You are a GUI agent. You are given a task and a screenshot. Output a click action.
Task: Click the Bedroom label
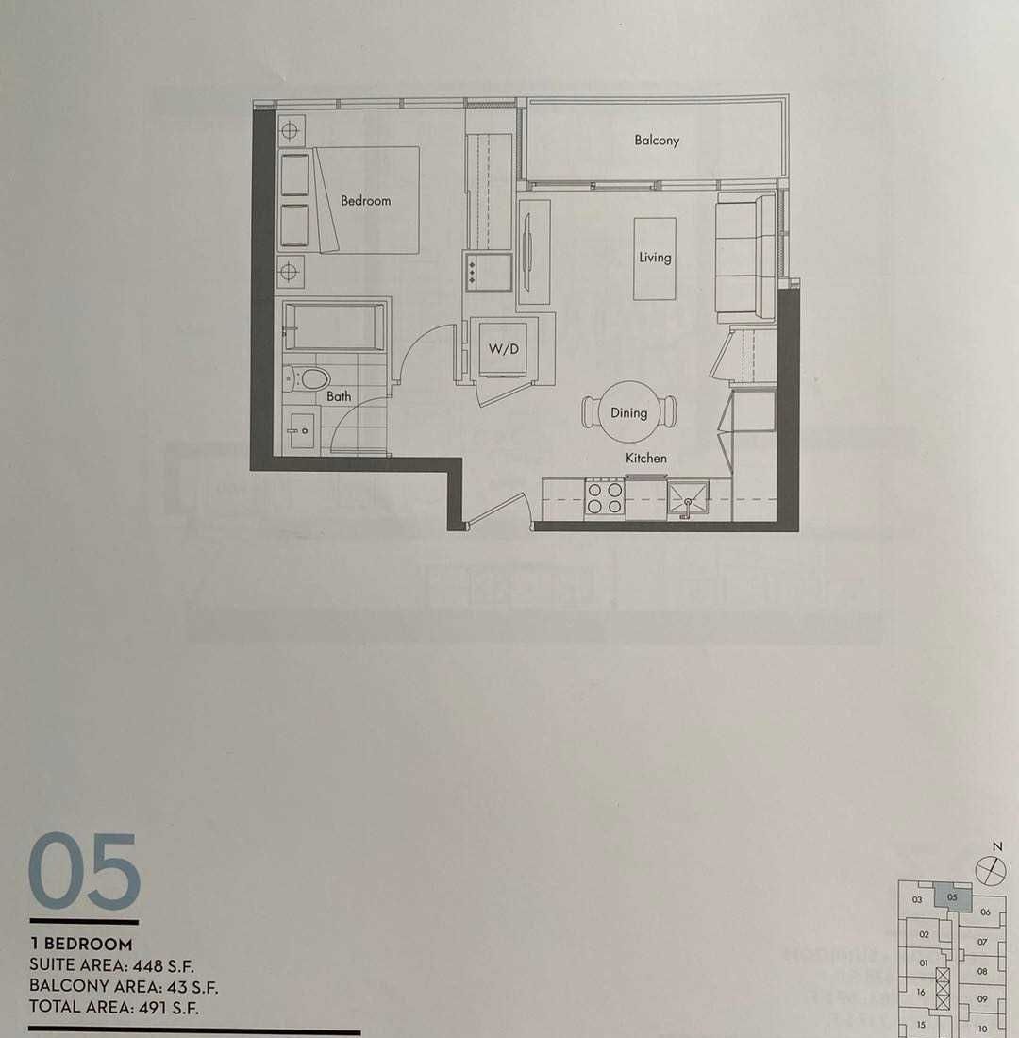365,201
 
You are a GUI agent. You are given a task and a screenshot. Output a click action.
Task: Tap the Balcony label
657,141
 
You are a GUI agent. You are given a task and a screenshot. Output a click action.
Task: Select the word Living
655,258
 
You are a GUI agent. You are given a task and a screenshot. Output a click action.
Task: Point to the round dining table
629,411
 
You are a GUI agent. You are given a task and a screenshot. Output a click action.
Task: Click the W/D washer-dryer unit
504,349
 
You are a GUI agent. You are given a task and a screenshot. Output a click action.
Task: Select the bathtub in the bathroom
334,326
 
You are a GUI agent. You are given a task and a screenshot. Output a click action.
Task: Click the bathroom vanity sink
302,431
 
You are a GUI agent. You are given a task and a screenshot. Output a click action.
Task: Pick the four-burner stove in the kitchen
605,498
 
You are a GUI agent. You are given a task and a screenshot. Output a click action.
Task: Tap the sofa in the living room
744,257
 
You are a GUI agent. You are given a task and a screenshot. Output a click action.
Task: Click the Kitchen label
646,458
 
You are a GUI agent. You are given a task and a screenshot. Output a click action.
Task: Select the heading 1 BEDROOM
81,944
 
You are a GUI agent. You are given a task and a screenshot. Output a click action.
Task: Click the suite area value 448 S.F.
163,965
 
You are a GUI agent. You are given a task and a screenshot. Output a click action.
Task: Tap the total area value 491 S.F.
168,1008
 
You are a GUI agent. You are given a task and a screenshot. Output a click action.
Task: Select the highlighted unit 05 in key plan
952,897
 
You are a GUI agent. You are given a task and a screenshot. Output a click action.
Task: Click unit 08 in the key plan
982,972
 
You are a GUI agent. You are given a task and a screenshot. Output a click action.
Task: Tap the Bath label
339,396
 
